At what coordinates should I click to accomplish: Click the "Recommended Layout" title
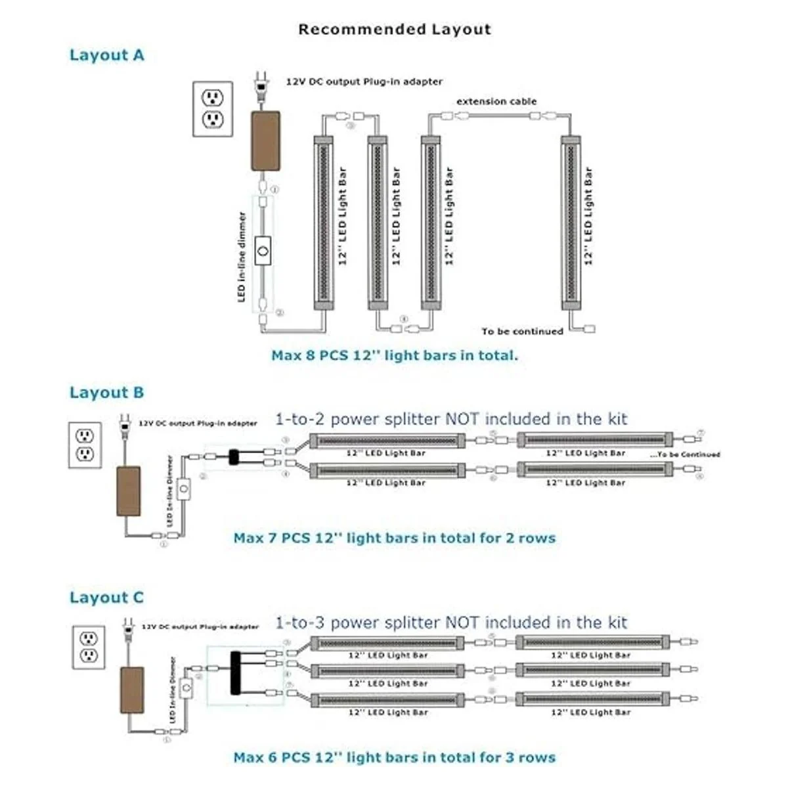[x=394, y=29]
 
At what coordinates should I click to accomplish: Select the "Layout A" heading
[x=106, y=55]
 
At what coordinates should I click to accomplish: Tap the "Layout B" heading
[x=106, y=393]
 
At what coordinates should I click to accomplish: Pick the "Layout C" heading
[x=106, y=598]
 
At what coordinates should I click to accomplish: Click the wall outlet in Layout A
[x=213, y=109]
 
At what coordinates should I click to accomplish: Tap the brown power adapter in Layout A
[x=265, y=141]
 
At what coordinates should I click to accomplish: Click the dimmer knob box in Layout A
[x=264, y=250]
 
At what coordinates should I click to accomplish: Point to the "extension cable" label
[x=496, y=101]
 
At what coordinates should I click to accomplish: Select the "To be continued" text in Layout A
[x=522, y=332]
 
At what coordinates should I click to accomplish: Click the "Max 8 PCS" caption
[x=394, y=355]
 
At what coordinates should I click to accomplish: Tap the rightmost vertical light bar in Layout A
[x=571, y=222]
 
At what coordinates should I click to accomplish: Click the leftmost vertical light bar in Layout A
[x=323, y=222]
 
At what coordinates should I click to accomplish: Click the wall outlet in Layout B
[x=85, y=445]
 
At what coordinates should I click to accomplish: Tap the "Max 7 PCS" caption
[x=394, y=538]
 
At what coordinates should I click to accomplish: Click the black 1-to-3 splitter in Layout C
[x=235, y=673]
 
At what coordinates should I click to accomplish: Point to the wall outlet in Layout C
[x=88, y=647]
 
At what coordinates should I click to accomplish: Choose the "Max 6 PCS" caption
[x=394, y=757]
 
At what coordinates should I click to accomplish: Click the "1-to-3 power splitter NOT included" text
[x=451, y=623]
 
